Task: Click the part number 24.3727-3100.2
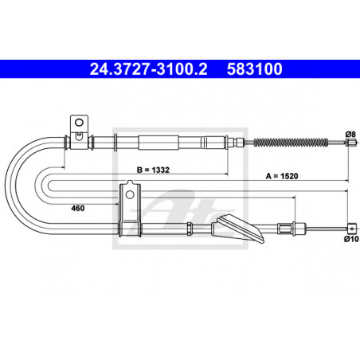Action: (148, 69)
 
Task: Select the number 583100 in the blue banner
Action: (254, 69)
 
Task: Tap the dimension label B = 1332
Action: (153, 170)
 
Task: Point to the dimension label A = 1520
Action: (282, 176)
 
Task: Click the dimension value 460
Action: (78, 208)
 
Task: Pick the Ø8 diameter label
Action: (350, 135)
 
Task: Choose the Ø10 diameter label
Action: (351, 239)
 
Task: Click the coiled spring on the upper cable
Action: (291, 143)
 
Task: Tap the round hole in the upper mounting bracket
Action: (79, 123)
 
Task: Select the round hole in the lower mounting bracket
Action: (130, 194)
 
